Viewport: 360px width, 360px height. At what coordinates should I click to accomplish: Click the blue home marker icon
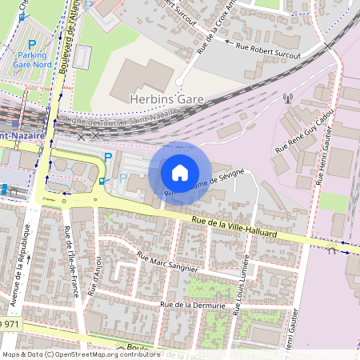(x=180, y=173)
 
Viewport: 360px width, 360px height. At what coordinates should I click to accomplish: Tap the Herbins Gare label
(x=166, y=98)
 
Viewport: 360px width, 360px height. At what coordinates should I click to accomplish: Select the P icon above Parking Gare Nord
(x=32, y=46)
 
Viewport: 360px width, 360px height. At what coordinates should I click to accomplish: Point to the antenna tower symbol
(x=287, y=100)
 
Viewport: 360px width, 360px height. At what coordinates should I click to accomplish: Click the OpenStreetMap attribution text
(x=80, y=354)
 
